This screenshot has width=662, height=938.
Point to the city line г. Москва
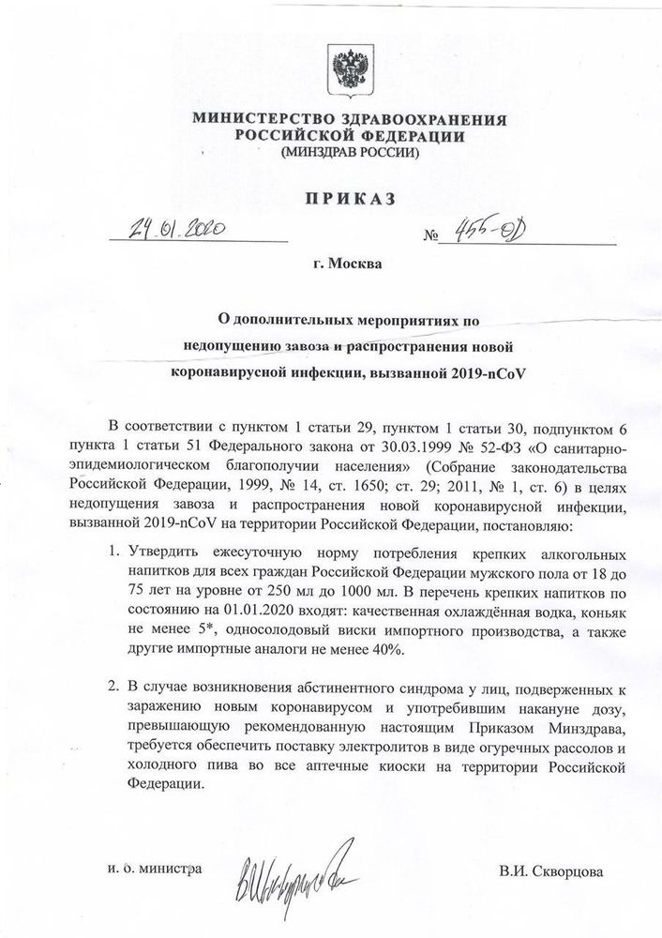click(348, 265)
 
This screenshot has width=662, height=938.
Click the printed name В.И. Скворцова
click(559, 873)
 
